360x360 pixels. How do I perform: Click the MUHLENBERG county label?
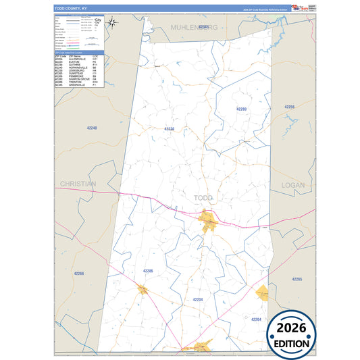point(194,26)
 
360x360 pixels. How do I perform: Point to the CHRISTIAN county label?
point(78,184)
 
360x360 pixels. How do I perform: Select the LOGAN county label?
point(294,184)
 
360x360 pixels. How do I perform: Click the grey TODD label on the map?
point(203,197)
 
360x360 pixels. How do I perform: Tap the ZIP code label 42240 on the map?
point(92,128)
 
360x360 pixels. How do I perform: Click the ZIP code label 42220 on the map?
point(169,128)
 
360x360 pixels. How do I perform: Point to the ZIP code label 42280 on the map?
point(242,109)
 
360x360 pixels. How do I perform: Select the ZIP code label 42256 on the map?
point(290,107)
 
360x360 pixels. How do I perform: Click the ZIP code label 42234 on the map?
point(197,299)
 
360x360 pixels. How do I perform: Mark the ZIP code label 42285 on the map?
point(297,278)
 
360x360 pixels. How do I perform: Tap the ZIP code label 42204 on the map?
point(255,318)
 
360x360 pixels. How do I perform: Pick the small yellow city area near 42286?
point(143,290)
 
